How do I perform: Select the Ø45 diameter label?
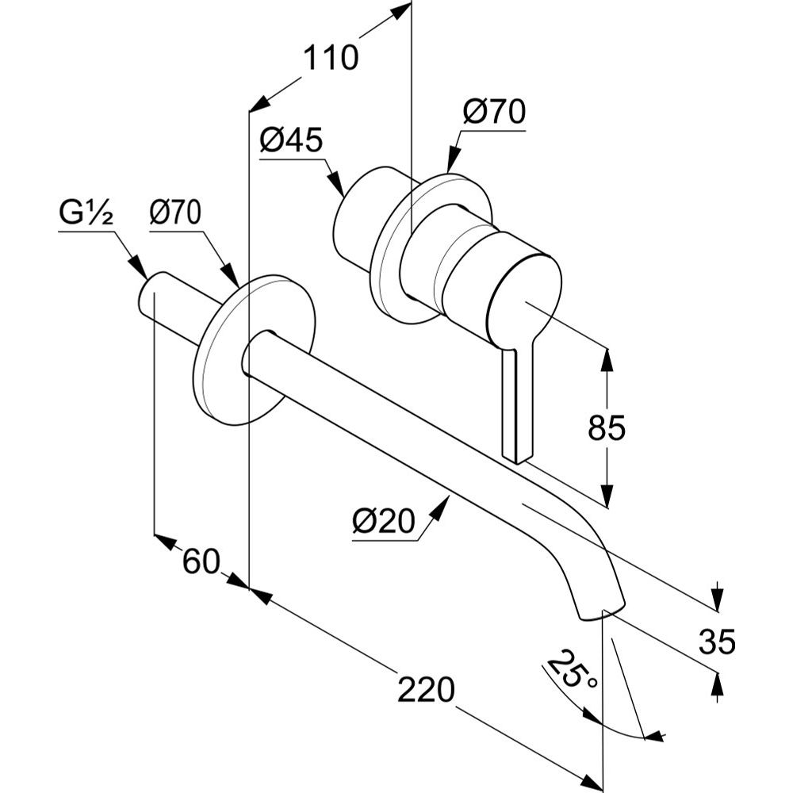[290, 141]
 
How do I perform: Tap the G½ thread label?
[86, 213]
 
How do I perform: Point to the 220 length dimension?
[426, 689]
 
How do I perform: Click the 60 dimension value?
[201, 562]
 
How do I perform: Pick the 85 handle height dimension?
[607, 428]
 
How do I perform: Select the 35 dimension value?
[717, 641]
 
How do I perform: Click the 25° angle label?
[573, 669]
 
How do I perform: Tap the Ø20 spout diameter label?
[384, 522]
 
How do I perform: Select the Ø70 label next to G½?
[175, 213]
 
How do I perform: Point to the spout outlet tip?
[600, 612]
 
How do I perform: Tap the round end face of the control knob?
[523, 297]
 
